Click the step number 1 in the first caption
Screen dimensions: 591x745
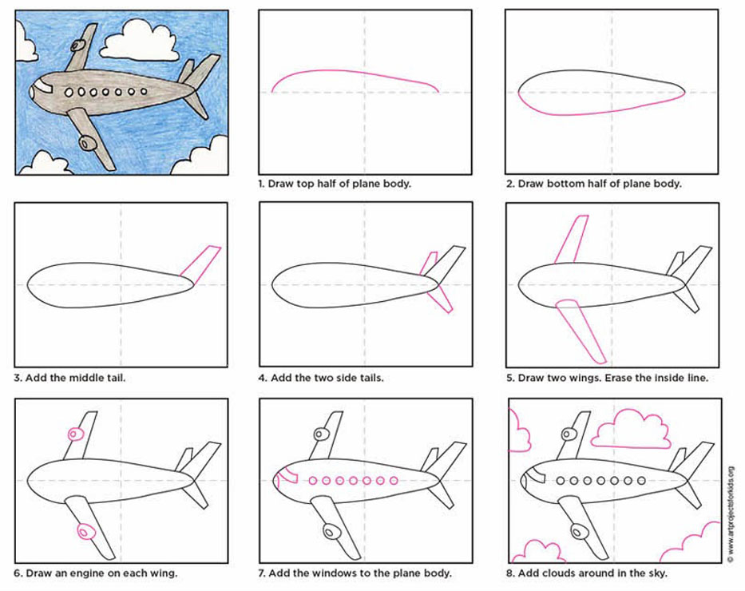[x=260, y=184]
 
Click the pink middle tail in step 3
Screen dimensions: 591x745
[x=201, y=261]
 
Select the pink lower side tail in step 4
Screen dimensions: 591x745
[x=439, y=299]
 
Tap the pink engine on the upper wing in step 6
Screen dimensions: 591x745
[x=75, y=434]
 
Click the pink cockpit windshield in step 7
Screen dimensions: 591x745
[x=284, y=479]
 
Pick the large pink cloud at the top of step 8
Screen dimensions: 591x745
[x=631, y=430]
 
